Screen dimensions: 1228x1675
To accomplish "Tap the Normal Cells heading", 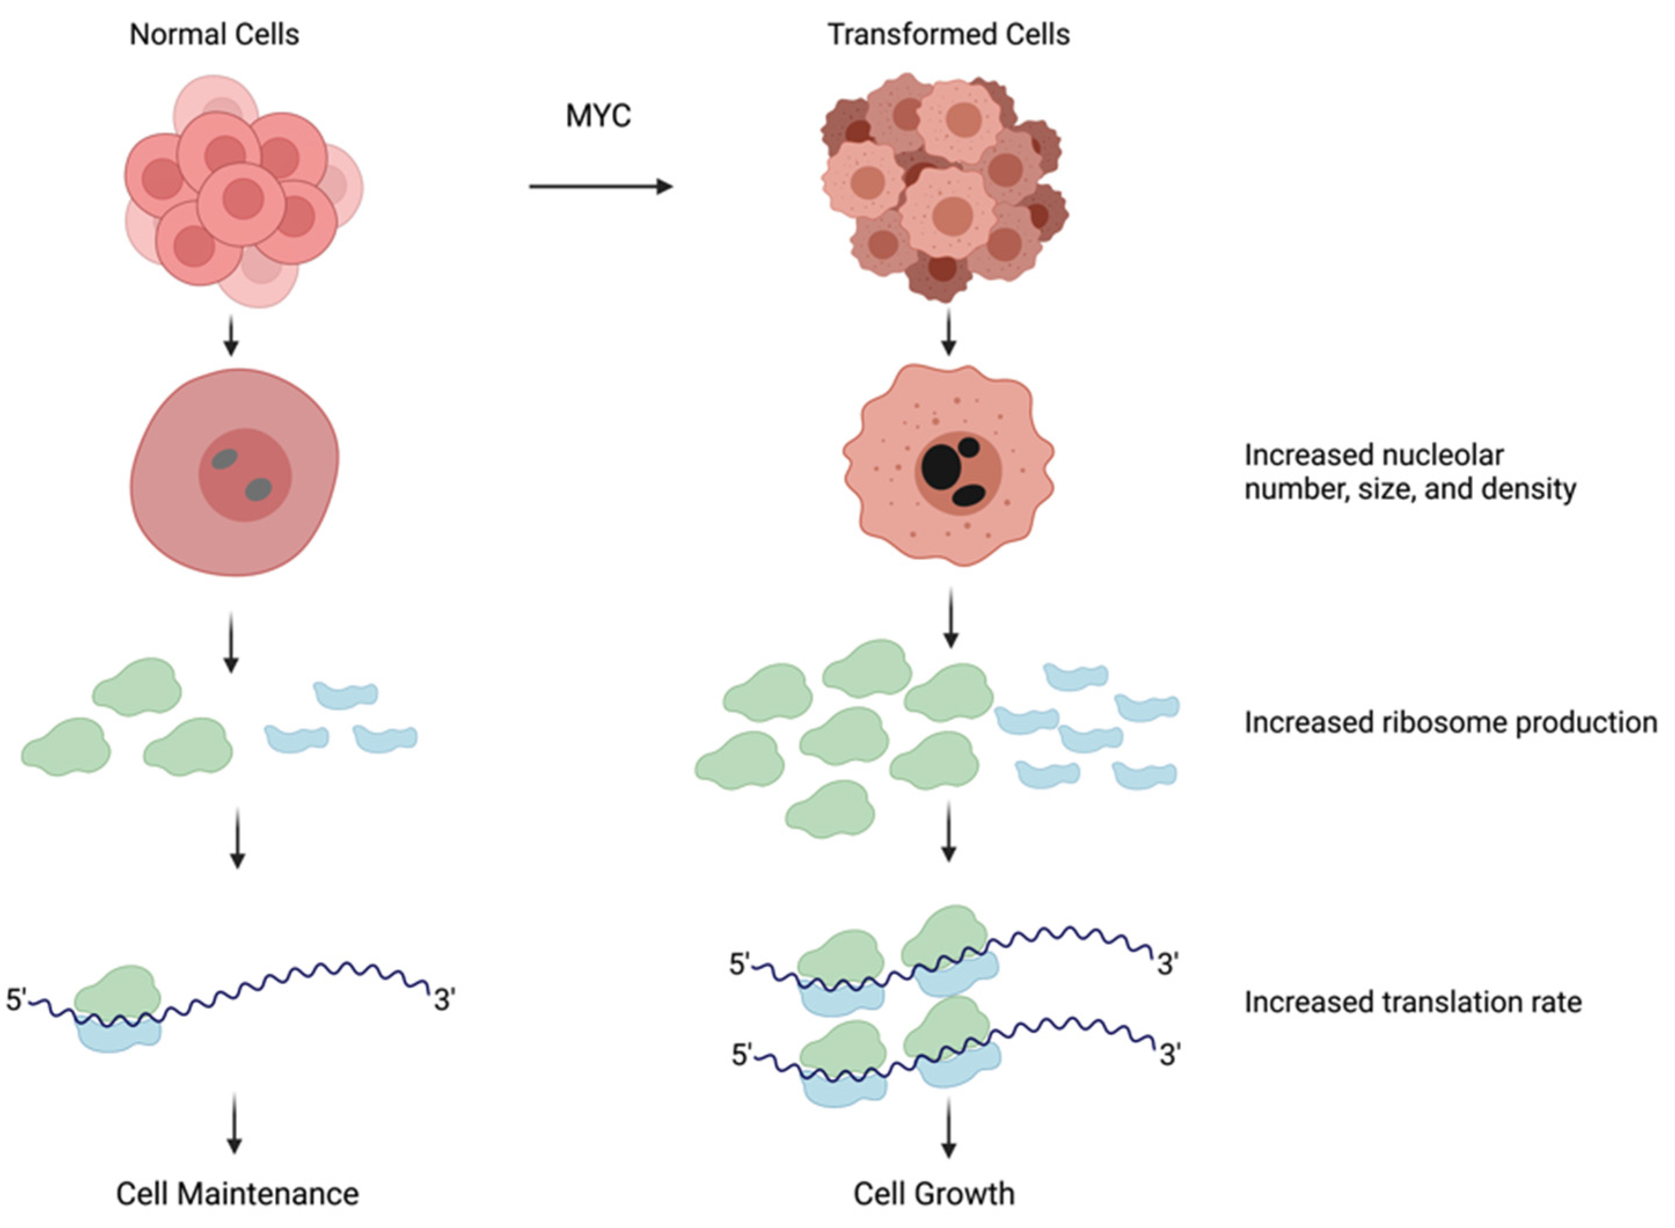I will (x=214, y=34).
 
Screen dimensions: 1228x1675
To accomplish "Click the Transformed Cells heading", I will (x=948, y=34).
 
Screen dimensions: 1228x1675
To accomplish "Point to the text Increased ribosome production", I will (x=1450, y=723).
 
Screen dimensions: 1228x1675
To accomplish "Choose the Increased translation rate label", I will (x=1413, y=1002).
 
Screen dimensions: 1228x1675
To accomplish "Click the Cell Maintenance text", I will (x=237, y=1194).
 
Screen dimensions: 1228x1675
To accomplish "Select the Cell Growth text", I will (x=933, y=1194).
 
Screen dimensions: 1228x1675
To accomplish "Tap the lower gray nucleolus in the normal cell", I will (x=258, y=490).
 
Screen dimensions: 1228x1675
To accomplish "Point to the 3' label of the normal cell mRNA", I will (x=445, y=1000).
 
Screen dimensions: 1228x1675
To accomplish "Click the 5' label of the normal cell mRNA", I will (x=16, y=1000).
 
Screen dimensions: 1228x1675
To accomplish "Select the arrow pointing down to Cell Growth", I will (x=948, y=1130).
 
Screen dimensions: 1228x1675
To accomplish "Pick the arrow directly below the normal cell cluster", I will (x=230, y=337).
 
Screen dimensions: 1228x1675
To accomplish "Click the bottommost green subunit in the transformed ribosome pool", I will (x=830, y=809).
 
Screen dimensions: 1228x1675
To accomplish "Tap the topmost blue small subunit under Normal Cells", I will (x=346, y=694).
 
